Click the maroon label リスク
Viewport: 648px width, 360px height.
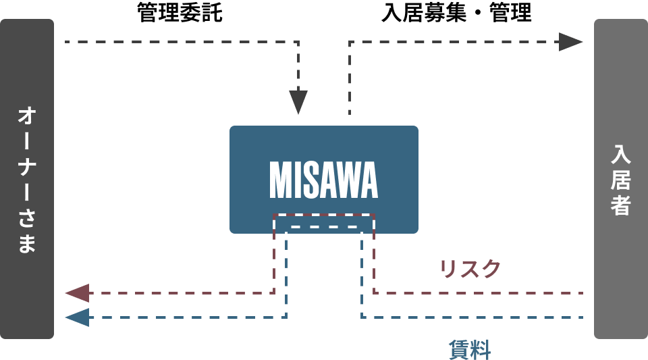[x=470, y=269]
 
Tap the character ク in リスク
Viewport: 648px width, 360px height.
[x=491, y=269]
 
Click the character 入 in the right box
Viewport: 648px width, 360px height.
[x=620, y=154]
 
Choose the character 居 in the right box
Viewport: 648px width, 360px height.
[x=620, y=180]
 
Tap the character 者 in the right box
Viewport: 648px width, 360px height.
[x=620, y=206]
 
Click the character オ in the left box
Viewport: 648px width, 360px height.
[x=27, y=115]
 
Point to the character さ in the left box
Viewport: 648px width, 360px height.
[x=27, y=217]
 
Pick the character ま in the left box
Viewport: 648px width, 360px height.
[x=27, y=243]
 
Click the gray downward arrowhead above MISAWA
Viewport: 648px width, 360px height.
[x=298, y=102]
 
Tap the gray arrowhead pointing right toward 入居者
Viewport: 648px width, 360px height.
[x=570, y=42]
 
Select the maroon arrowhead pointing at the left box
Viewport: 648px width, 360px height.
[x=78, y=293]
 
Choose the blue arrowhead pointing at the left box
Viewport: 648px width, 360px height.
[x=78, y=317]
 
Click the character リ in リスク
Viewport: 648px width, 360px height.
[x=448, y=269]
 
